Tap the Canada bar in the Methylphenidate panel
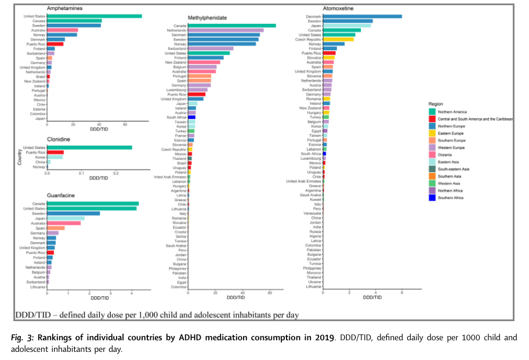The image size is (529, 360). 232,26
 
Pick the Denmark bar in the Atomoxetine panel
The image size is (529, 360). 362,16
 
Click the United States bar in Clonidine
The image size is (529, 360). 89,147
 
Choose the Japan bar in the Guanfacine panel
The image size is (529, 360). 66,218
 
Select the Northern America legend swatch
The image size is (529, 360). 432,111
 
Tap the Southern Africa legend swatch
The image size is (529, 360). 432,198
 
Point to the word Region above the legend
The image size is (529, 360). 436,103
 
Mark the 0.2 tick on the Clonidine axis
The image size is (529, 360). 117,173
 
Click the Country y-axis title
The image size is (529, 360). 20,158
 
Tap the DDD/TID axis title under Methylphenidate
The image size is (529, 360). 235,297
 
